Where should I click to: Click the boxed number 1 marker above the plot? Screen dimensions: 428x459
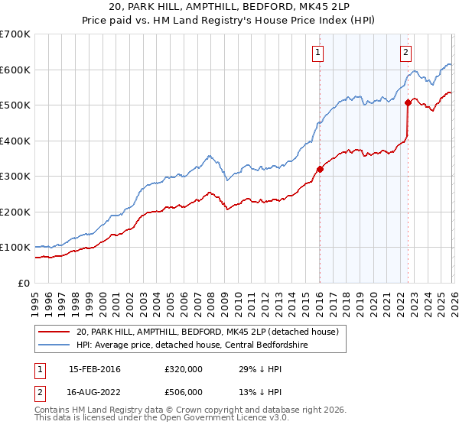(317, 53)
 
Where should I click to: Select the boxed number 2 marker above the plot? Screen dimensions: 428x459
(405, 53)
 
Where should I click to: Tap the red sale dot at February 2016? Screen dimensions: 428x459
(320, 170)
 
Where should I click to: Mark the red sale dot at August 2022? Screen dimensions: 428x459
(408, 103)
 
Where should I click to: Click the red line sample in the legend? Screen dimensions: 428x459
(55, 332)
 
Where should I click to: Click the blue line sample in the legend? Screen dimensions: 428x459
(55, 345)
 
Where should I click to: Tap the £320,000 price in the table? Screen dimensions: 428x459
(184, 369)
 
